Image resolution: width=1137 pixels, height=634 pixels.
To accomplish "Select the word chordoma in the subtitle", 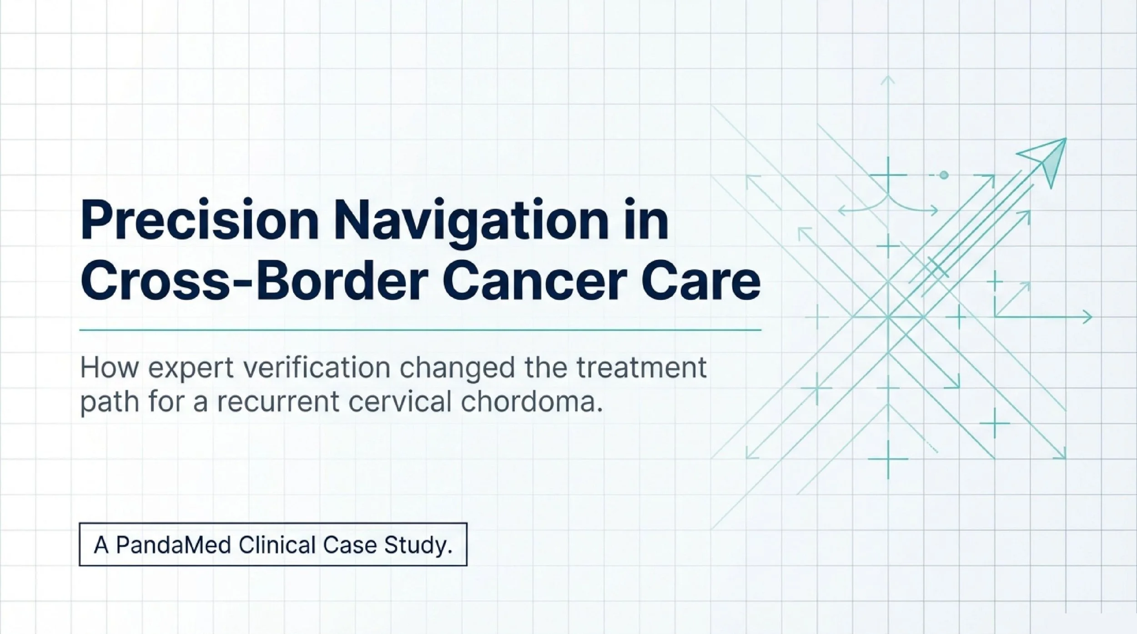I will point(532,402).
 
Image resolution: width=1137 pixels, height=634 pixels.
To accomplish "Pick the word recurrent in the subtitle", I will point(277,402).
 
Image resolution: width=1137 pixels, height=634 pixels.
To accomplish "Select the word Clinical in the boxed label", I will point(277,545).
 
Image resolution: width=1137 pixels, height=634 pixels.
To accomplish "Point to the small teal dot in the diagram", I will point(944,175).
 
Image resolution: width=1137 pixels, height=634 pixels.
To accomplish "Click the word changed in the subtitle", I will point(453,368).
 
